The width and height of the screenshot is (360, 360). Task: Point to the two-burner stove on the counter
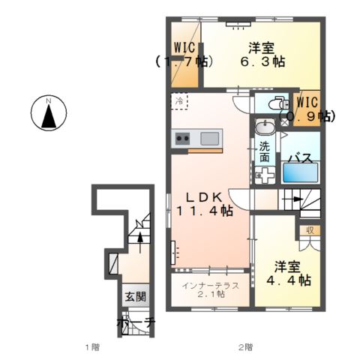(x=183, y=138)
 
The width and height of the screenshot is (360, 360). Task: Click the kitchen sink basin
(x=209, y=138)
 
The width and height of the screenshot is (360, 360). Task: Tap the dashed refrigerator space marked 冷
(x=181, y=100)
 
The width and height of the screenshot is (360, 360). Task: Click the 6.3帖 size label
(x=264, y=61)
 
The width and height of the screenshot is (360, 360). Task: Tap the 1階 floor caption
(x=92, y=347)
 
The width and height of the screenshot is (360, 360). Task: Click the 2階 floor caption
(x=245, y=347)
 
